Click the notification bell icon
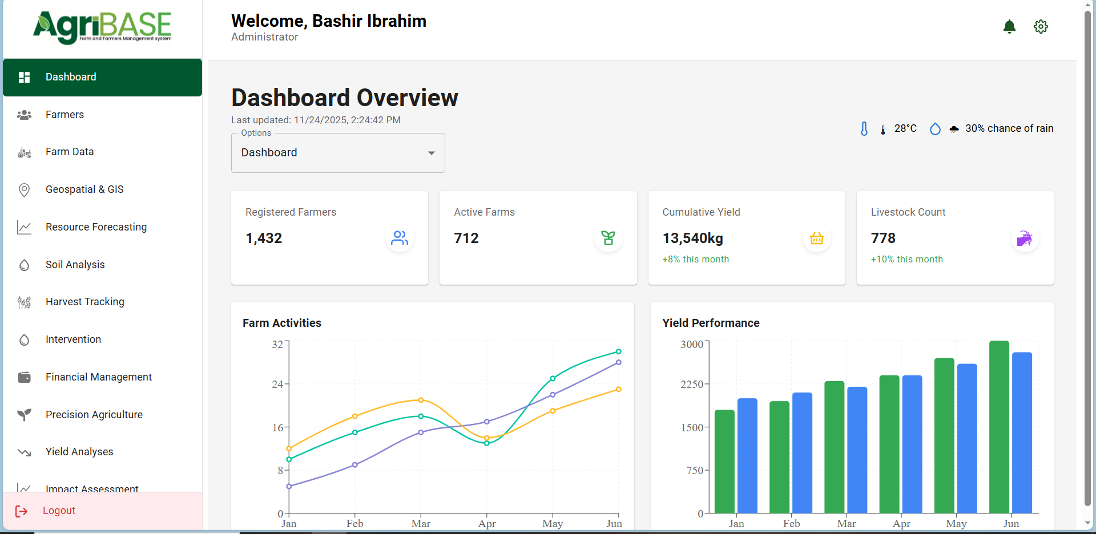click(x=1009, y=26)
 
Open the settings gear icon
click(x=1041, y=26)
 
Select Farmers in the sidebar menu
click(x=65, y=115)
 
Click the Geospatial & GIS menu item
click(x=84, y=189)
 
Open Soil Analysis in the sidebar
click(x=75, y=265)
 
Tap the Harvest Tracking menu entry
click(x=84, y=302)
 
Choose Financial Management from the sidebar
click(x=98, y=377)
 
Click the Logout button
click(x=59, y=511)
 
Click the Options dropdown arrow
click(x=432, y=153)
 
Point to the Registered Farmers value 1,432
click(x=264, y=238)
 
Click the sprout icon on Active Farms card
click(x=608, y=238)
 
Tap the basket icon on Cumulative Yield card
click(x=816, y=238)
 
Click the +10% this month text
click(x=906, y=260)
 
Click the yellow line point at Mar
click(x=421, y=400)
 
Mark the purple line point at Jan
click(x=289, y=487)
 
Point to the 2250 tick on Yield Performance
click(x=692, y=385)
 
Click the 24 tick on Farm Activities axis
click(x=277, y=385)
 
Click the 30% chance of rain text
click(x=1009, y=128)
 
